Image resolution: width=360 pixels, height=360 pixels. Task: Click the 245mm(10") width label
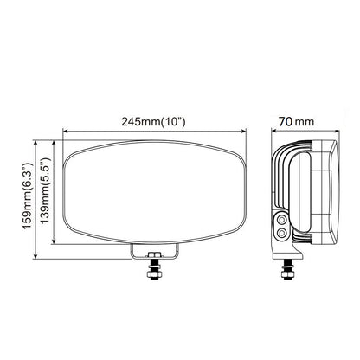pos(153,122)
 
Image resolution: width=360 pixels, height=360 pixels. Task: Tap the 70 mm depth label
pos(296,121)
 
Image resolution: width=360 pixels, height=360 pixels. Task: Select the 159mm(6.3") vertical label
pos(29,196)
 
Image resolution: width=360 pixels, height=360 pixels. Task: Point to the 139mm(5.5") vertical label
pos(46,190)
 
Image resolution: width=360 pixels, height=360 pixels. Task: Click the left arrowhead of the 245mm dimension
pos(65,132)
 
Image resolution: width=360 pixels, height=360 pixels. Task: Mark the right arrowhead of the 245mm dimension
pos(243,132)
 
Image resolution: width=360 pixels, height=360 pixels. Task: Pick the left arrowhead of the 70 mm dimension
pos(273,132)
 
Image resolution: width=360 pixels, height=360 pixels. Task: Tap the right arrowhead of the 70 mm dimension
pos(337,132)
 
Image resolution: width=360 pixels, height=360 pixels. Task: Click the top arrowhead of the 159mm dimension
pos(35,143)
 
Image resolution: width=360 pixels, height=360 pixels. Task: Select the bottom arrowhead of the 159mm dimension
pos(35,256)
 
